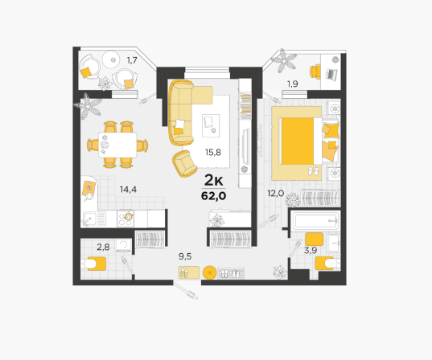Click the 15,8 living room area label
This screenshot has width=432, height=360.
[213, 152]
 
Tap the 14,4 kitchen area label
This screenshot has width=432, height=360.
[128, 190]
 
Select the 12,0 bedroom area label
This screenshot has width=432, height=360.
[275, 193]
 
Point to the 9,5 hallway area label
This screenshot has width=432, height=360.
[185, 256]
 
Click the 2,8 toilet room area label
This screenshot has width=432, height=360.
[103, 247]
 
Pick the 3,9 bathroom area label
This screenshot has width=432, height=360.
[311, 251]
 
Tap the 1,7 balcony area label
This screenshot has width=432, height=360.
[132, 60]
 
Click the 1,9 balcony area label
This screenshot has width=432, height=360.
[292, 84]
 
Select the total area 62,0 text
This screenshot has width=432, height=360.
[214, 196]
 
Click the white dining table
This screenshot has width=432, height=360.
[117, 145]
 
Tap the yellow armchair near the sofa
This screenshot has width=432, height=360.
[184, 163]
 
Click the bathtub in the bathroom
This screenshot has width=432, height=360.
[315, 220]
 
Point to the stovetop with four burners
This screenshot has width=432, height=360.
[125, 219]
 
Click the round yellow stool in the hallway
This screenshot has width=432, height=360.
[210, 272]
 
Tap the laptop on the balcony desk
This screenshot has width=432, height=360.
[331, 74]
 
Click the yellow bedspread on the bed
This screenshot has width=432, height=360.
[298, 141]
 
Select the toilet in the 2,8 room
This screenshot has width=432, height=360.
[93, 264]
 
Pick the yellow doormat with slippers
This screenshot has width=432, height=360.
[189, 272]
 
